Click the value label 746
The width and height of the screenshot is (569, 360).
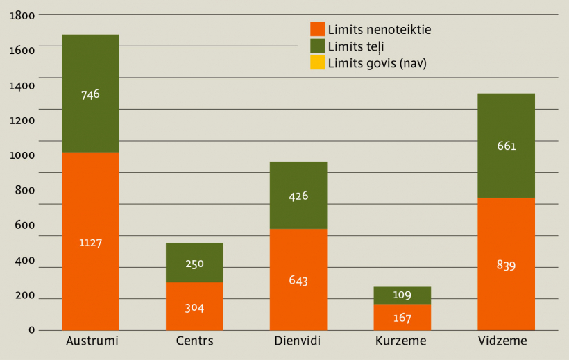(x=90, y=94)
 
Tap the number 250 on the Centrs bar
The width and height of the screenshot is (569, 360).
(x=194, y=264)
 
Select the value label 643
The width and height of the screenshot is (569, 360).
(x=298, y=280)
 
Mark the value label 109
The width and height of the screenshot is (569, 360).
(x=402, y=295)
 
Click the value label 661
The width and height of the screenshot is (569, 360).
(x=506, y=146)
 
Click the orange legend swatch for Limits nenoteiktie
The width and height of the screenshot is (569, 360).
(x=317, y=29)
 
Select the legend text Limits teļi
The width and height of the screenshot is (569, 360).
(x=356, y=46)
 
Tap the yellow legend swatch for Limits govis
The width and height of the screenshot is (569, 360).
(x=317, y=62)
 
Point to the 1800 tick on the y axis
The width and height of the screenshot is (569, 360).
(x=23, y=14)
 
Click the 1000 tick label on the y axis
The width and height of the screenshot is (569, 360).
(x=23, y=155)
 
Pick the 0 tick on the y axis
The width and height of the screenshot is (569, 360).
(x=32, y=330)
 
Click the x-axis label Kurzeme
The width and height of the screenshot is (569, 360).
(x=401, y=341)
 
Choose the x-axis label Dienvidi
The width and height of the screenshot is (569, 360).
(x=298, y=341)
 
